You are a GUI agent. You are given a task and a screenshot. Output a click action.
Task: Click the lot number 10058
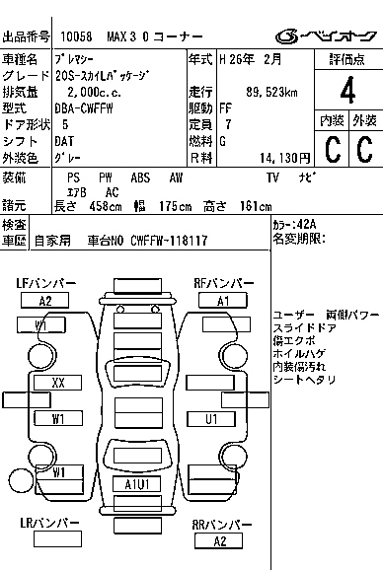[76, 36]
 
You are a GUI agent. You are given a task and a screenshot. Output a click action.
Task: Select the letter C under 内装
[332, 149]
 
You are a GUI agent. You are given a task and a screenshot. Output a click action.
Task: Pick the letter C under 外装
[363, 149]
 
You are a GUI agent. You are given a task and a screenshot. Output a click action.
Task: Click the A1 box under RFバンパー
[223, 300]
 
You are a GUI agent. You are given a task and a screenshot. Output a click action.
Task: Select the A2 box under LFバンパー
[46, 300]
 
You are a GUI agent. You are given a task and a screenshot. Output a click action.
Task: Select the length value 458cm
[97, 205]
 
